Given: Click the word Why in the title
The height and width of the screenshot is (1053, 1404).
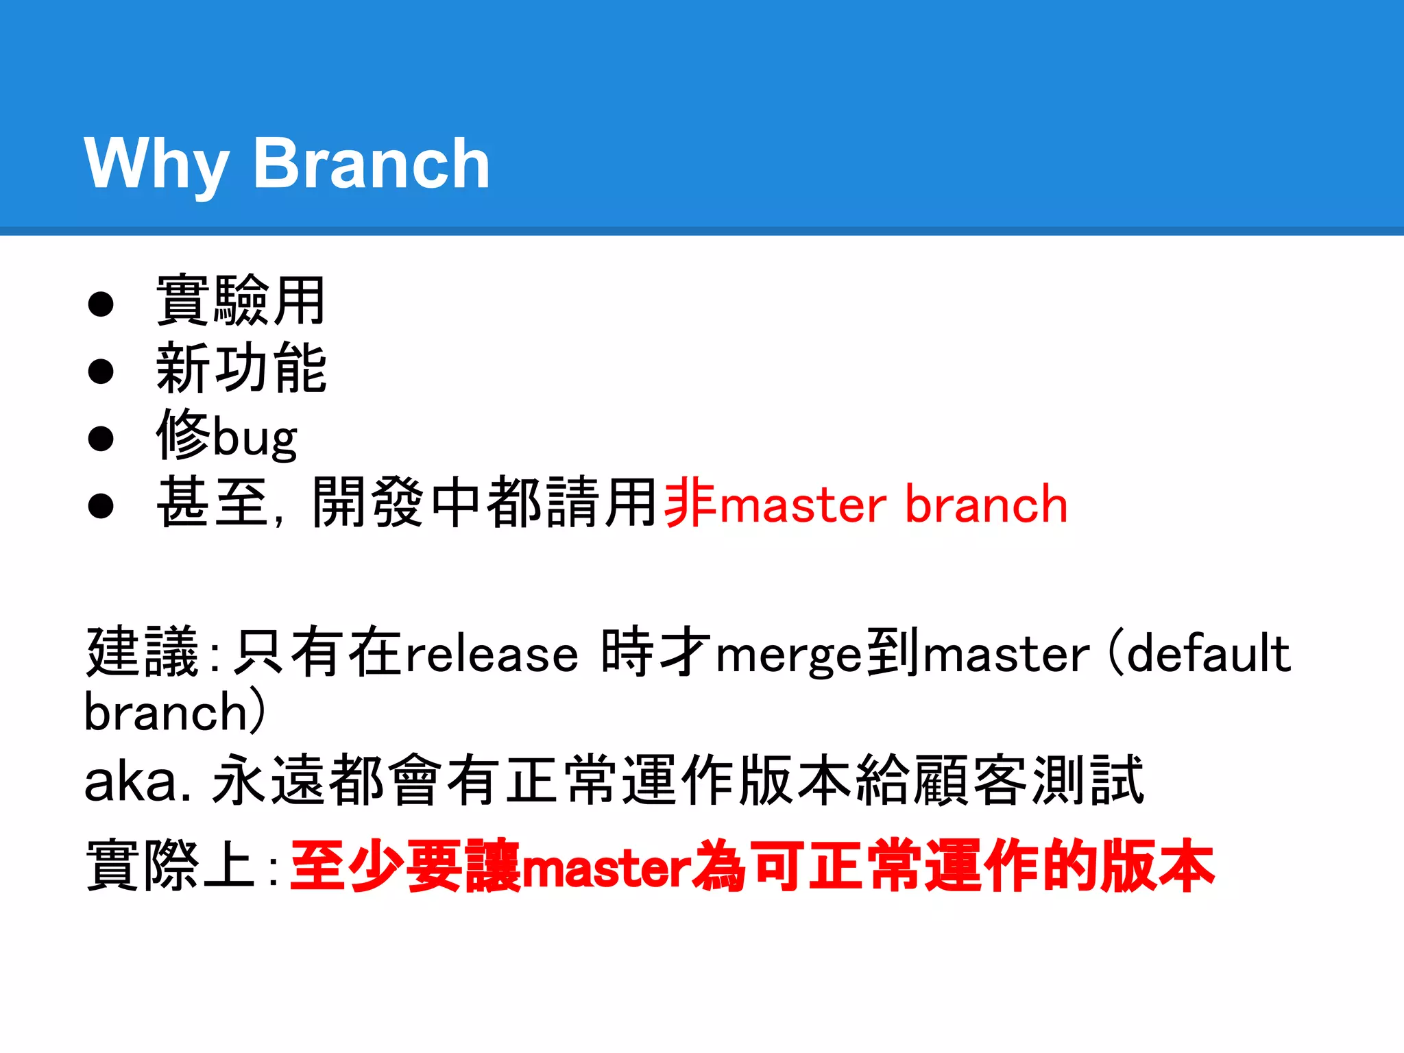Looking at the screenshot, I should [x=156, y=165].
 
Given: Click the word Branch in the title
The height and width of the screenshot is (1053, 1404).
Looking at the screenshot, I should [x=372, y=165].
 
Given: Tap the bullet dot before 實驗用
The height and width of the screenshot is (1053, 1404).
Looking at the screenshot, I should [x=101, y=303].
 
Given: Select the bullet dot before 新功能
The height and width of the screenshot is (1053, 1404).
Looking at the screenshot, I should [x=101, y=370].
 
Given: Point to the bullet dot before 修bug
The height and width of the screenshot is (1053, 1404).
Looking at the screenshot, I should [x=101, y=438].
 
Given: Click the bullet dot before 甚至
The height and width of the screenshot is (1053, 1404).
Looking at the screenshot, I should [x=101, y=505].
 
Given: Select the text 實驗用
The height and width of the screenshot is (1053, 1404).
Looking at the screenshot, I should [x=241, y=300].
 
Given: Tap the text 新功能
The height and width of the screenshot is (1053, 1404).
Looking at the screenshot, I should [x=241, y=369].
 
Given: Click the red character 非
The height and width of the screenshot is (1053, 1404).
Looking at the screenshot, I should [x=690, y=503].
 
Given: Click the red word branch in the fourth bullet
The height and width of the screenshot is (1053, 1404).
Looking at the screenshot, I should [x=986, y=505].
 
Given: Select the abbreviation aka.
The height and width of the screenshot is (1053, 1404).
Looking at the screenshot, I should [x=137, y=782].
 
